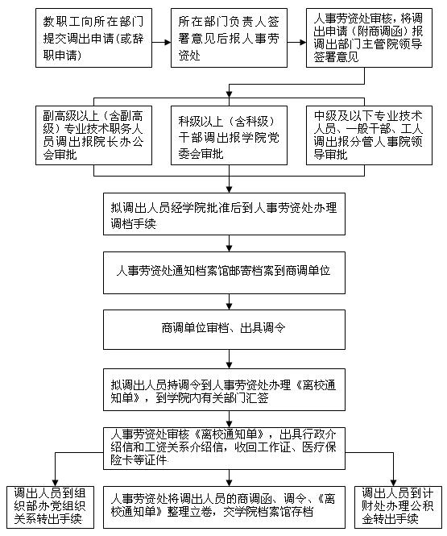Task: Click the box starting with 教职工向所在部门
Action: [93, 38]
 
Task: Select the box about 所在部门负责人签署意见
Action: [229, 38]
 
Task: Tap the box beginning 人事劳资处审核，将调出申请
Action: [369, 38]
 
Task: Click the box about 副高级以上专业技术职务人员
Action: [93, 135]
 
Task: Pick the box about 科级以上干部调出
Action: [229, 135]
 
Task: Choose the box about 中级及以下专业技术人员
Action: [369, 135]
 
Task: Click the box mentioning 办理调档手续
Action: [224, 214]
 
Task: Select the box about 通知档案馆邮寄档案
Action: [224, 272]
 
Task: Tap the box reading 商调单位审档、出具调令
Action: [224, 330]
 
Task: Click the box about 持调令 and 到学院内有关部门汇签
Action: [224, 389]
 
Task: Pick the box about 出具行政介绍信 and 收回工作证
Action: [224, 448]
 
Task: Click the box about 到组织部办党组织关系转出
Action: [50, 507]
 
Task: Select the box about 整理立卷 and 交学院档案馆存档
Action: [224, 507]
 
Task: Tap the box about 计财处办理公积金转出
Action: [398, 507]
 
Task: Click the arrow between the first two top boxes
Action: [162, 43]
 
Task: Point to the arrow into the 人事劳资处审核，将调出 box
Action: [296, 43]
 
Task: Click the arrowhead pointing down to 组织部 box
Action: [55, 483]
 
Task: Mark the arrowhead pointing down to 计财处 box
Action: [393, 483]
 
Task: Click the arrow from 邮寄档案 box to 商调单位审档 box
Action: [229, 302]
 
